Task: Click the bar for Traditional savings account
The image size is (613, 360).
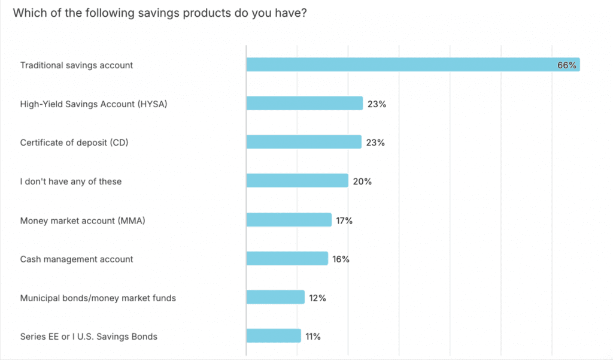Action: pyautogui.click(x=413, y=65)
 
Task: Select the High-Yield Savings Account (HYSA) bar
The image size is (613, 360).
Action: pyautogui.click(x=305, y=104)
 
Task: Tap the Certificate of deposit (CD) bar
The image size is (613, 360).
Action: pyautogui.click(x=304, y=142)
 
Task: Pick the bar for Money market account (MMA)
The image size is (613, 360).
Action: pyautogui.click(x=289, y=220)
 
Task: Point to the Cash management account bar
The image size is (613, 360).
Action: pyautogui.click(x=287, y=259)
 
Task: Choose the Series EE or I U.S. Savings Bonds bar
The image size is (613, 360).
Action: pyautogui.click(x=274, y=336)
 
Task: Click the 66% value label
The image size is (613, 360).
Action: pyautogui.click(x=566, y=65)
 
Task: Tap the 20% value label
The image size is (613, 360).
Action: pyautogui.click(x=362, y=181)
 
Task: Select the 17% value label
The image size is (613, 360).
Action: pyautogui.click(x=344, y=220)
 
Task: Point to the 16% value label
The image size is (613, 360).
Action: pyautogui.click(x=341, y=259)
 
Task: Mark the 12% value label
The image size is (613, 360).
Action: pyautogui.click(x=317, y=298)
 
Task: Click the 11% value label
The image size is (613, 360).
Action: pyautogui.click(x=313, y=337)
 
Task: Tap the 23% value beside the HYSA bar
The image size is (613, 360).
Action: pyautogui.click(x=377, y=104)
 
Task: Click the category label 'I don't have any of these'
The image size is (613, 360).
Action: pyautogui.click(x=71, y=181)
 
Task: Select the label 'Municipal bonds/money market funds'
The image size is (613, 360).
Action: pyautogui.click(x=98, y=298)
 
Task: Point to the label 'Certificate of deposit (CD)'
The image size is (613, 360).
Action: pyautogui.click(x=75, y=143)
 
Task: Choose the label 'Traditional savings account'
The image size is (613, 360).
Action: pyautogui.click(x=77, y=65)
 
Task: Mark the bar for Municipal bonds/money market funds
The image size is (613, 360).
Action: pyautogui.click(x=275, y=297)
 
